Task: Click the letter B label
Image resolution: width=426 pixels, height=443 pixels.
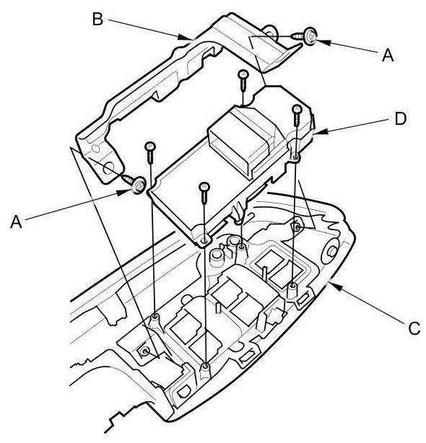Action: (97, 19)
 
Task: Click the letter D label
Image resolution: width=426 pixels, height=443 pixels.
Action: (400, 118)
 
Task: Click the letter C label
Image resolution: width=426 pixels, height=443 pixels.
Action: (414, 328)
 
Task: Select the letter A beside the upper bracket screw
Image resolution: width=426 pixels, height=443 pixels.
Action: (388, 55)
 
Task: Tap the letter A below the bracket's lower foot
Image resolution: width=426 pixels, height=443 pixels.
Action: (16, 221)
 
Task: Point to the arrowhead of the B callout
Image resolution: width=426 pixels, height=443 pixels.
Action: (185, 37)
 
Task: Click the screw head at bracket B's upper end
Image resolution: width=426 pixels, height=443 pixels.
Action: (310, 37)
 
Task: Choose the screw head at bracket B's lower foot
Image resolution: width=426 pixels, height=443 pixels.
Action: (139, 185)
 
